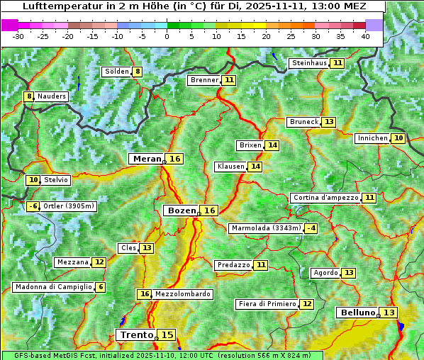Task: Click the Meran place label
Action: (147, 159)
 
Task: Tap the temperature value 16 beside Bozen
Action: (209, 210)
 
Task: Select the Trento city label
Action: (136, 334)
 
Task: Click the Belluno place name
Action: (357, 313)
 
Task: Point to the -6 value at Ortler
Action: (33, 206)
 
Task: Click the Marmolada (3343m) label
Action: (266, 228)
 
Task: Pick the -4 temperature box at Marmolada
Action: (311, 228)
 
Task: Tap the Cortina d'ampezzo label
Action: (325, 198)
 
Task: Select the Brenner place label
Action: (204, 80)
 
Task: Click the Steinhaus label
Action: (309, 63)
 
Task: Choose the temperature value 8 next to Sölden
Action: (138, 72)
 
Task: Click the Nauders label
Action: (52, 96)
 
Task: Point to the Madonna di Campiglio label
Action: (53, 287)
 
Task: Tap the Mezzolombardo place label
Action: (182, 294)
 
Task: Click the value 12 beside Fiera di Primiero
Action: (306, 304)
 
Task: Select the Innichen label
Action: (372, 138)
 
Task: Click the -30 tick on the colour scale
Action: (18, 36)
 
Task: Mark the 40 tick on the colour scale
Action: (365, 36)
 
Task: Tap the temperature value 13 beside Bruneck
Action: (329, 122)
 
